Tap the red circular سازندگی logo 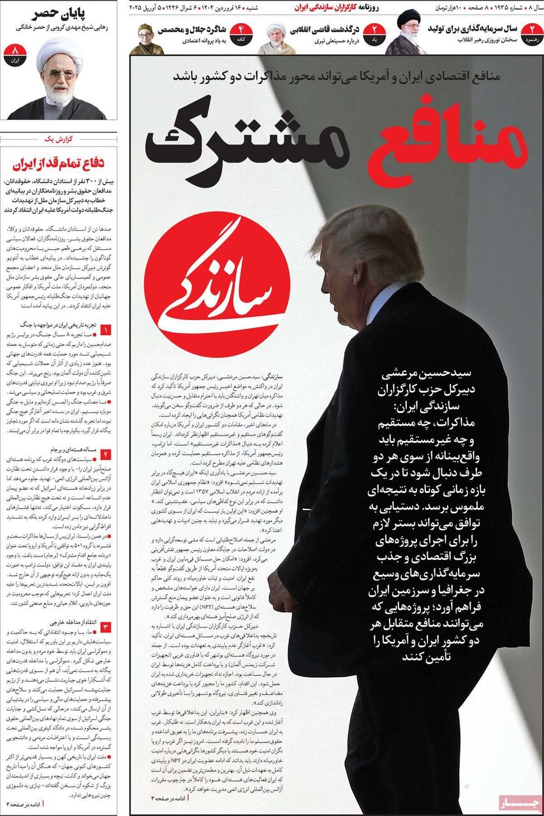click(217, 284)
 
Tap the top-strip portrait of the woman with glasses click(146, 39)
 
